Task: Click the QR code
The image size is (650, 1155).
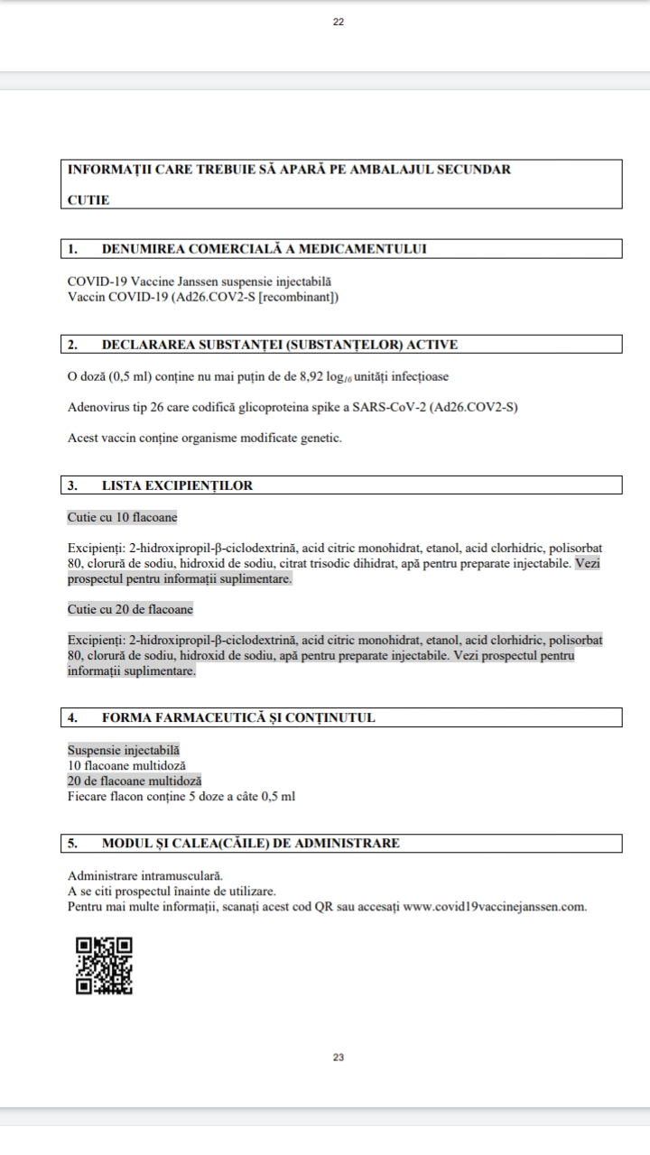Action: [x=104, y=966]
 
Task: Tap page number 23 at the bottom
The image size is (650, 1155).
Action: [x=339, y=1057]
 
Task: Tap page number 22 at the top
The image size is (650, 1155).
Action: [x=339, y=23]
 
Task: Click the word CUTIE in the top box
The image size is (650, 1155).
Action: [x=88, y=200]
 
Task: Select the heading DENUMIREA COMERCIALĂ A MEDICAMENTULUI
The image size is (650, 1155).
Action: [x=265, y=249]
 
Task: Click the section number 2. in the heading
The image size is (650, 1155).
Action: [x=72, y=344]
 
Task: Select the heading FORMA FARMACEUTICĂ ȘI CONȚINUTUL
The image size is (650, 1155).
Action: [x=238, y=718]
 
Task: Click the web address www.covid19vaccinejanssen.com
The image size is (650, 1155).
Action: [x=495, y=907]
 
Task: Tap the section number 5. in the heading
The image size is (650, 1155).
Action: [x=72, y=844]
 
